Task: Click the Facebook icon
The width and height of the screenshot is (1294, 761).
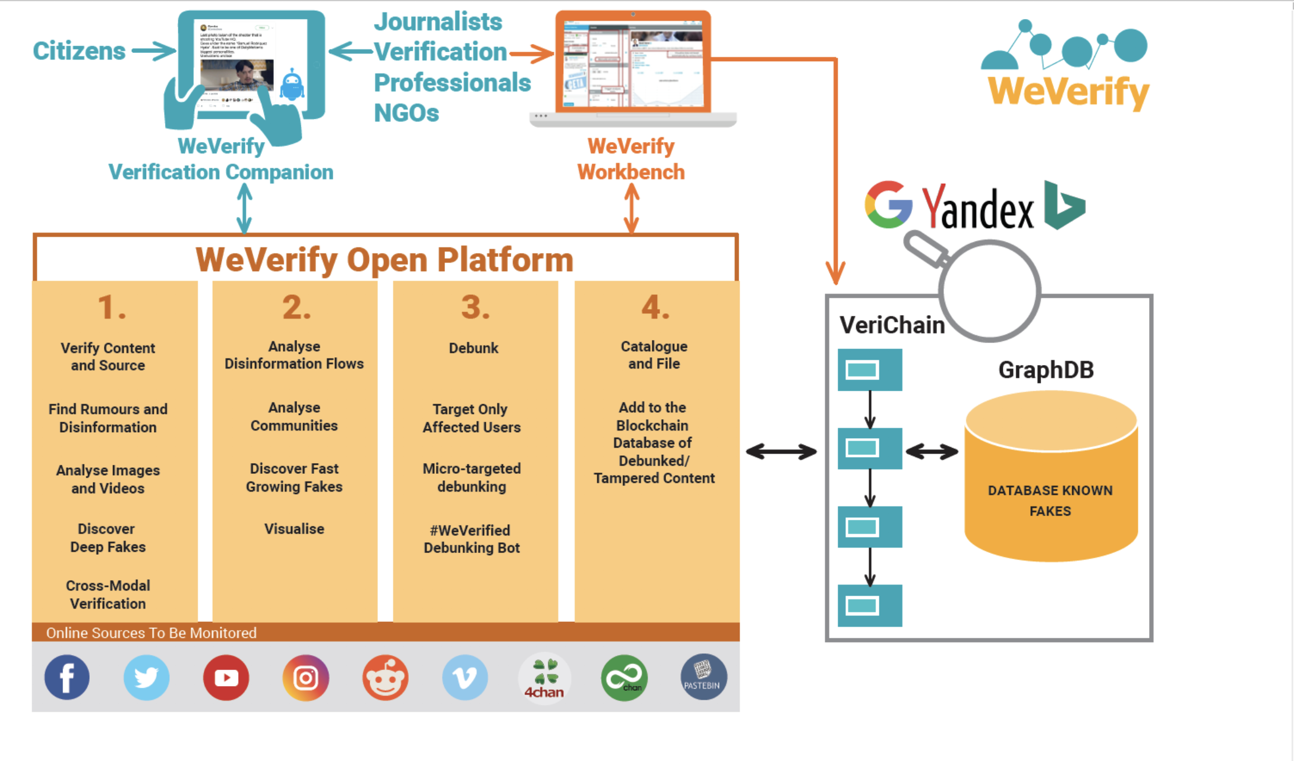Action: [x=67, y=677]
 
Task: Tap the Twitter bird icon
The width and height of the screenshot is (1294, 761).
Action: [x=146, y=677]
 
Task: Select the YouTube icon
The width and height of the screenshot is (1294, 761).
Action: [x=226, y=677]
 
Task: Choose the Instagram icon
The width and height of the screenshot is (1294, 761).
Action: [x=305, y=677]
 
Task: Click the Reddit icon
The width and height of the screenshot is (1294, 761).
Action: [x=385, y=677]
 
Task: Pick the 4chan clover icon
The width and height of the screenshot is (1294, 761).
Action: [x=544, y=677]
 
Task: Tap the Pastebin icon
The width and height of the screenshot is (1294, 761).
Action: [x=703, y=677]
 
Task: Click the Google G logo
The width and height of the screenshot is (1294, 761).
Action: [x=888, y=205]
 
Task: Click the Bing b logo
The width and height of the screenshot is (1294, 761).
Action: [x=1063, y=206]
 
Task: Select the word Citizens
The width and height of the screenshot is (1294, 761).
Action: [x=79, y=51]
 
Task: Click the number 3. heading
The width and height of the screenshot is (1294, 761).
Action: [x=475, y=307]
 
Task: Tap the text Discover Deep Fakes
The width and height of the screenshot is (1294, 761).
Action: [x=108, y=537]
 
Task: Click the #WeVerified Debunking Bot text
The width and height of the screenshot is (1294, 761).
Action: [x=472, y=539]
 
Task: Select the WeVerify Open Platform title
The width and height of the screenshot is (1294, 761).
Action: [x=384, y=260]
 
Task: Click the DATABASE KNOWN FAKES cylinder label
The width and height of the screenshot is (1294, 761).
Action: [x=1050, y=501]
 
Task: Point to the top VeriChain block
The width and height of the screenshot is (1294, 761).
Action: [x=869, y=370]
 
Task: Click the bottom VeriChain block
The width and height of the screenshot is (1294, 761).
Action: [x=869, y=605]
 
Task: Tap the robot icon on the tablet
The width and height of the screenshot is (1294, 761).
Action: [x=292, y=85]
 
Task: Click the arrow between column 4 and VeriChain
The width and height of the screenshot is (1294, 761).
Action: [x=781, y=452]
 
